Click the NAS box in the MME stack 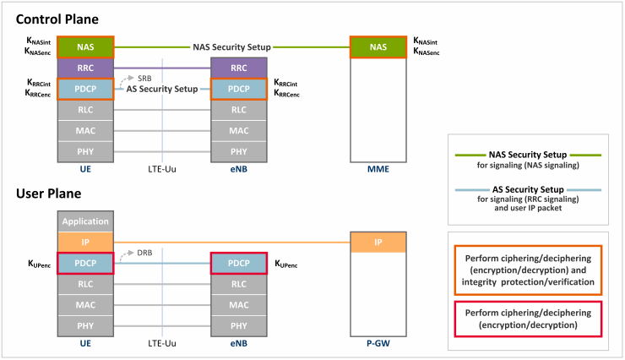(378, 47)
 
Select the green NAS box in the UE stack (85, 47)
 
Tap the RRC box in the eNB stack (239, 68)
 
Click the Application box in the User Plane (85, 221)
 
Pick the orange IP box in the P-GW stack (378, 242)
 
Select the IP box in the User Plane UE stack (85, 242)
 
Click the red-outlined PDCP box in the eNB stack (239, 263)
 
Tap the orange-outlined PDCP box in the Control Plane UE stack (85, 89)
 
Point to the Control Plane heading (57, 19)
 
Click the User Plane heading (49, 194)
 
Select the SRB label (144, 79)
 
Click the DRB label (144, 253)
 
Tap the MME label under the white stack (378, 169)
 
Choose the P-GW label (378, 343)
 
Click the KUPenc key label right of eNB (286, 264)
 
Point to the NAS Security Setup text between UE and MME (231, 47)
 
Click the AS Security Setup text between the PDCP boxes (162, 89)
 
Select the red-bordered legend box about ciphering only (528, 319)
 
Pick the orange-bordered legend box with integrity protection (528, 270)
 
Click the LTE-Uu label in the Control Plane (162, 169)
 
